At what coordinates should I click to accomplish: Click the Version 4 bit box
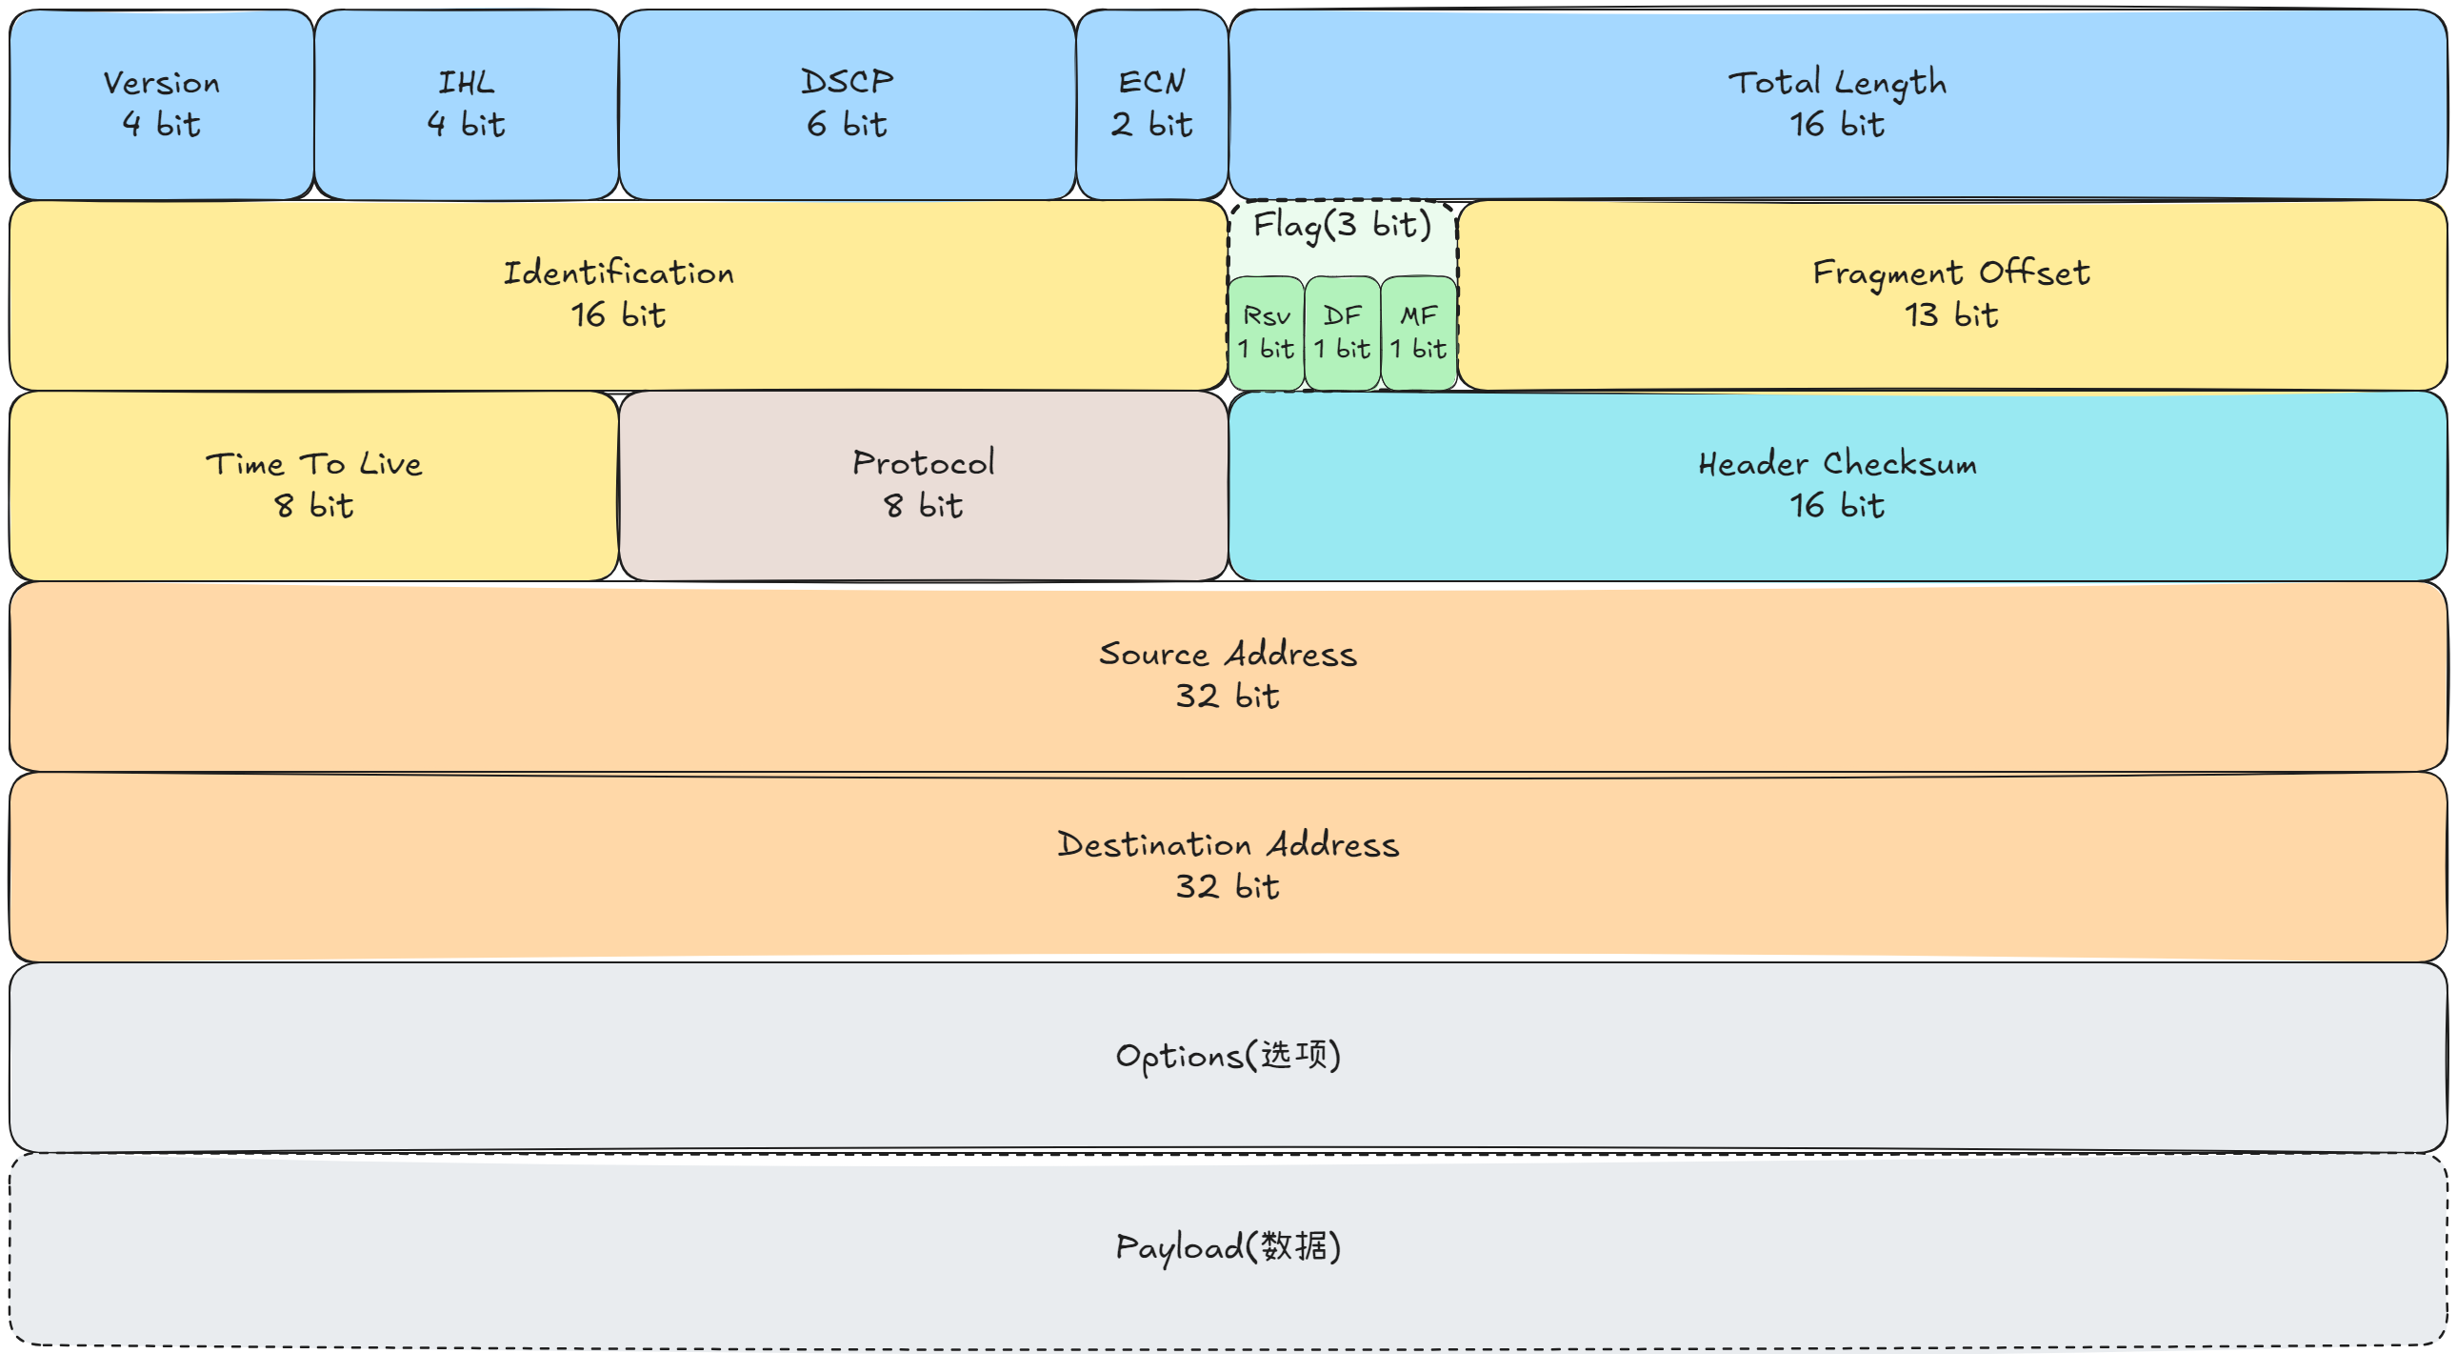tap(161, 104)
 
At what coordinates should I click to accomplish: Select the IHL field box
tap(466, 104)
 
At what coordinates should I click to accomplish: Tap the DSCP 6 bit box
tap(846, 104)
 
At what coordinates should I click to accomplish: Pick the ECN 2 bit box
tap(1151, 104)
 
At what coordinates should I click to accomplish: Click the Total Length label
tap(1836, 83)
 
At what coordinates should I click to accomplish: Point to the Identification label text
tap(618, 273)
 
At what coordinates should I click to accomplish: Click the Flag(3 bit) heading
tap(1341, 226)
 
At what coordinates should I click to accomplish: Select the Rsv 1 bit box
tap(1266, 333)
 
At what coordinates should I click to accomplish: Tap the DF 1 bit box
tap(1341, 333)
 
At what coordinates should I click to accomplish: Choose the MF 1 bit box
tap(1417, 333)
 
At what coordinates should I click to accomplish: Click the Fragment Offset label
tap(1950, 273)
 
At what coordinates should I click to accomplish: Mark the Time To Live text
tap(314, 465)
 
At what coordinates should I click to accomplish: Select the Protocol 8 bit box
tap(923, 486)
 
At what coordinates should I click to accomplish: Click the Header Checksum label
tap(1836, 465)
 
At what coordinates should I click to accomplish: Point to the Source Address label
tap(1228, 656)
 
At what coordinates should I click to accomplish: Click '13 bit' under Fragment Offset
tap(1950, 315)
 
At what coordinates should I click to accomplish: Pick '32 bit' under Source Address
tap(1228, 697)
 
